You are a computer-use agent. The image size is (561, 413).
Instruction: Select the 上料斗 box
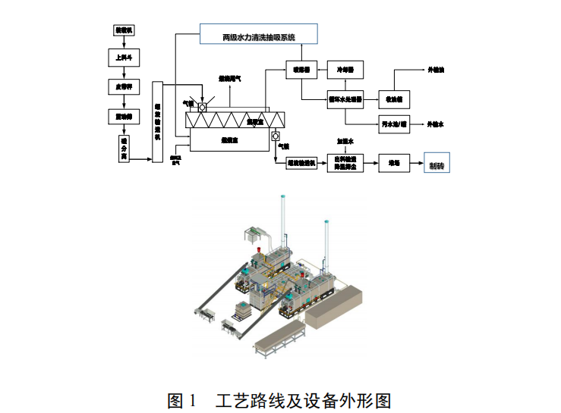tap(123, 56)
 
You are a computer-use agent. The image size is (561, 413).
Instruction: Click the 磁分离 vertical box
tap(124, 148)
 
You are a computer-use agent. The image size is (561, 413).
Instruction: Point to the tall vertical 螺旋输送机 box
tap(158, 121)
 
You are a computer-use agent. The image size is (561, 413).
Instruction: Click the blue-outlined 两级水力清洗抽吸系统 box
tap(258, 34)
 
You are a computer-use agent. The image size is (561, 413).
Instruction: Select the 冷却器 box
tap(345, 69)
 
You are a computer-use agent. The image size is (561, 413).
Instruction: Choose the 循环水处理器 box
tap(345, 99)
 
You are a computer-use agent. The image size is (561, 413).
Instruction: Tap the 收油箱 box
tap(393, 99)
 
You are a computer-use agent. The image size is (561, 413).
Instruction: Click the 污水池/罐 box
tap(393, 124)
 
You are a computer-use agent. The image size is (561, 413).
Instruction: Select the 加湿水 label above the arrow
tap(345, 141)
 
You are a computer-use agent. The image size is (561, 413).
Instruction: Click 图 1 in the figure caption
tap(182, 399)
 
